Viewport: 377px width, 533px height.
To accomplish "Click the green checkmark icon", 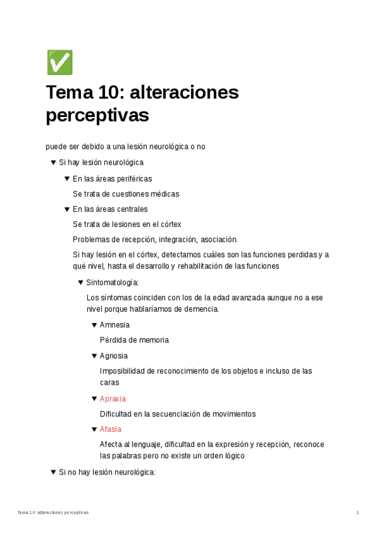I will [x=60, y=63].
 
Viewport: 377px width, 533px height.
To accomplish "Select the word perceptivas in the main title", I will [x=97, y=116].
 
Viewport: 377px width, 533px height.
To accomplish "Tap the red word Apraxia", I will [x=112, y=399].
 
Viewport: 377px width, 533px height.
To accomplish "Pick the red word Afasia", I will [x=111, y=429].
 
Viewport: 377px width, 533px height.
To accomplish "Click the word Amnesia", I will [x=114, y=325].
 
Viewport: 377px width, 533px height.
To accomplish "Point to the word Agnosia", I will [x=114, y=356].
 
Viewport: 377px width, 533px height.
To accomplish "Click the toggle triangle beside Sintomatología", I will [x=80, y=282].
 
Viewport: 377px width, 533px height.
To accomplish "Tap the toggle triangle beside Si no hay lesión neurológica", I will [x=53, y=472].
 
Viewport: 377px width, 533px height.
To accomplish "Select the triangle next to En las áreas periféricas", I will [x=67, y=179].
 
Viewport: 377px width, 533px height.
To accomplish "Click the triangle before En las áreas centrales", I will [x=67, y=209].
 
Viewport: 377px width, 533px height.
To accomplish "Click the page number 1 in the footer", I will [x=358, y=513].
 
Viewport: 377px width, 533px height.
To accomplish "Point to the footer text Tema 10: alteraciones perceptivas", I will [x=53, y=513].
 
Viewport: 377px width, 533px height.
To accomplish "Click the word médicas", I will [x=165, y=194].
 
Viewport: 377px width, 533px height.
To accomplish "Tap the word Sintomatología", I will [x=112, y=282].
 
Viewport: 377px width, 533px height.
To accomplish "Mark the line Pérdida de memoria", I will [x=134, y=340].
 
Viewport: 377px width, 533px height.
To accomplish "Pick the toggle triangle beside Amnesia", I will [x=94, y=325].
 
